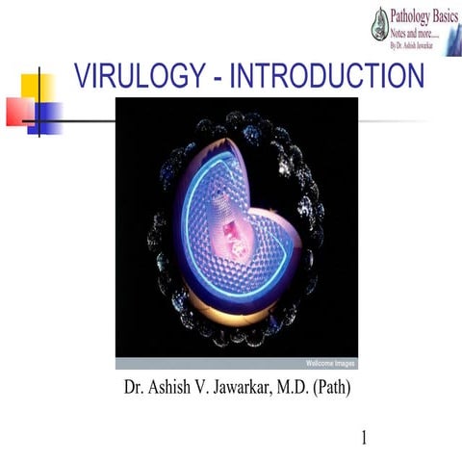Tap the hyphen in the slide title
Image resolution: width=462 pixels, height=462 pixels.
pyautogui.click(x=219, y=78)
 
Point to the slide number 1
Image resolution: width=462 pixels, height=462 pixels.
pyautogui.click(x=365, y=439)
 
